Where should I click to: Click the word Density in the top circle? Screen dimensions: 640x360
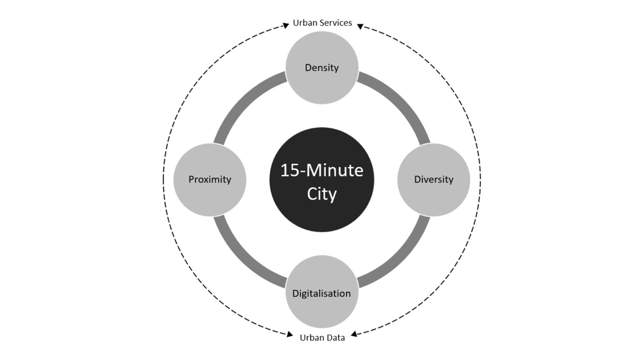point(322,68)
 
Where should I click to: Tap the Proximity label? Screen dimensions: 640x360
point(210,180)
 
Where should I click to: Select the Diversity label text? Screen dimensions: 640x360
point(434,180)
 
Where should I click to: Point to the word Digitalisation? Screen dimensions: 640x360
point(321,293)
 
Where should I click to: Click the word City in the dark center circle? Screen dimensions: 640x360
point(322,194)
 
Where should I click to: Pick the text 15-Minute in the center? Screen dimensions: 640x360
point(322,170)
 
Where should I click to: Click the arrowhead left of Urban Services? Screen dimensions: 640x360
point(286,25)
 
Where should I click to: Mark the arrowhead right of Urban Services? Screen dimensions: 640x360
point(360,27)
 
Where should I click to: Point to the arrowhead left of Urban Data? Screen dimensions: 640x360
point(290,334)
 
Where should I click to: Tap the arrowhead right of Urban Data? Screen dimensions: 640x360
point(354,334)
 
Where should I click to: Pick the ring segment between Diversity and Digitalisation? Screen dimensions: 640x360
point(401,259)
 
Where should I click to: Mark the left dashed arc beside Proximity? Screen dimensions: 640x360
point(163,180)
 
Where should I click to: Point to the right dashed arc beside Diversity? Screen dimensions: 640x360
point(480,180)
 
